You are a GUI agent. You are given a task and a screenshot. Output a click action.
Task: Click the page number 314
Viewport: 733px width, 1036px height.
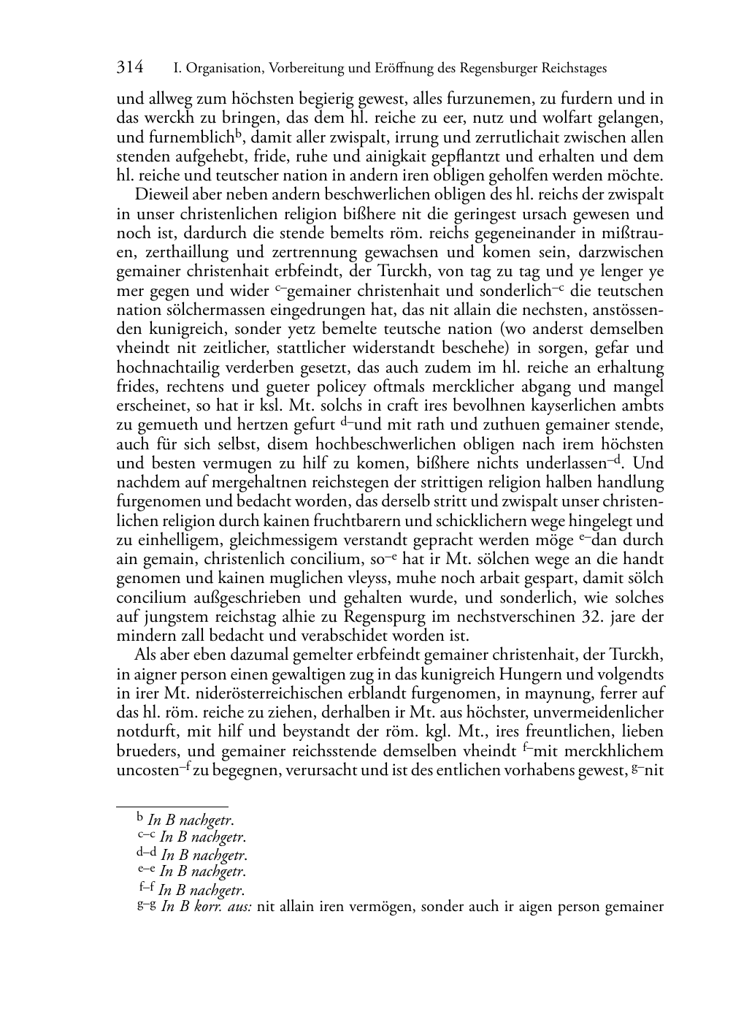[130, 68]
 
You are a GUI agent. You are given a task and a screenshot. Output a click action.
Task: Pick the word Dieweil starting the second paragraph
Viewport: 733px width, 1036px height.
[160, 196]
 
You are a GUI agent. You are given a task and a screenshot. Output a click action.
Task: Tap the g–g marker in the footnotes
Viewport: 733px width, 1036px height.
[146, 905]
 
